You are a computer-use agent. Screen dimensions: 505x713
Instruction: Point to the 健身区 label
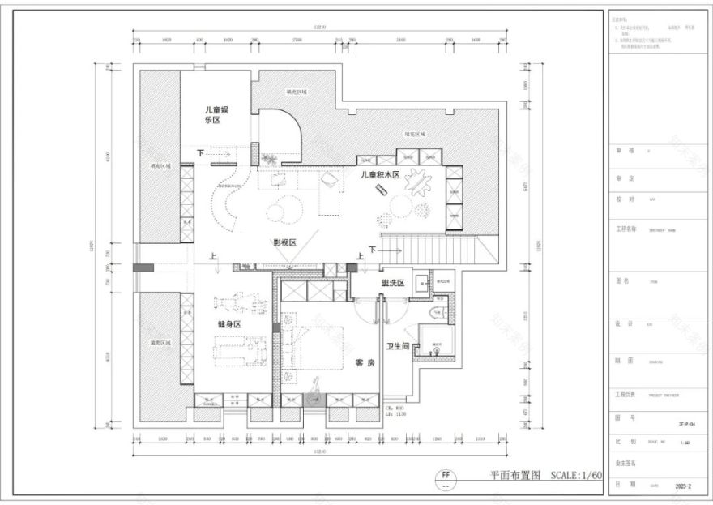[230, 323]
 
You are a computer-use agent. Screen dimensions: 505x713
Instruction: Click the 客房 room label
[365, 364]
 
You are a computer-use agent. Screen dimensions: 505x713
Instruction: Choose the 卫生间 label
[400, 346]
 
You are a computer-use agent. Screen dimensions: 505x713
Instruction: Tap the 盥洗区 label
[392, 283]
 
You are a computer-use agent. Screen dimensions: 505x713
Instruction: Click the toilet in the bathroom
[434, 314]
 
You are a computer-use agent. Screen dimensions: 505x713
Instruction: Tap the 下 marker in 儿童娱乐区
[200, 152]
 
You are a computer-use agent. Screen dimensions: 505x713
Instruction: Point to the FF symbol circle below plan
[445, 476]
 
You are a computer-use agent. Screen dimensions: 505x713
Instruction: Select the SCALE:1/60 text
[576, 476]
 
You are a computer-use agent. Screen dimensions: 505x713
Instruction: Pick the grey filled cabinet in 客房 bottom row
[314, 399]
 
